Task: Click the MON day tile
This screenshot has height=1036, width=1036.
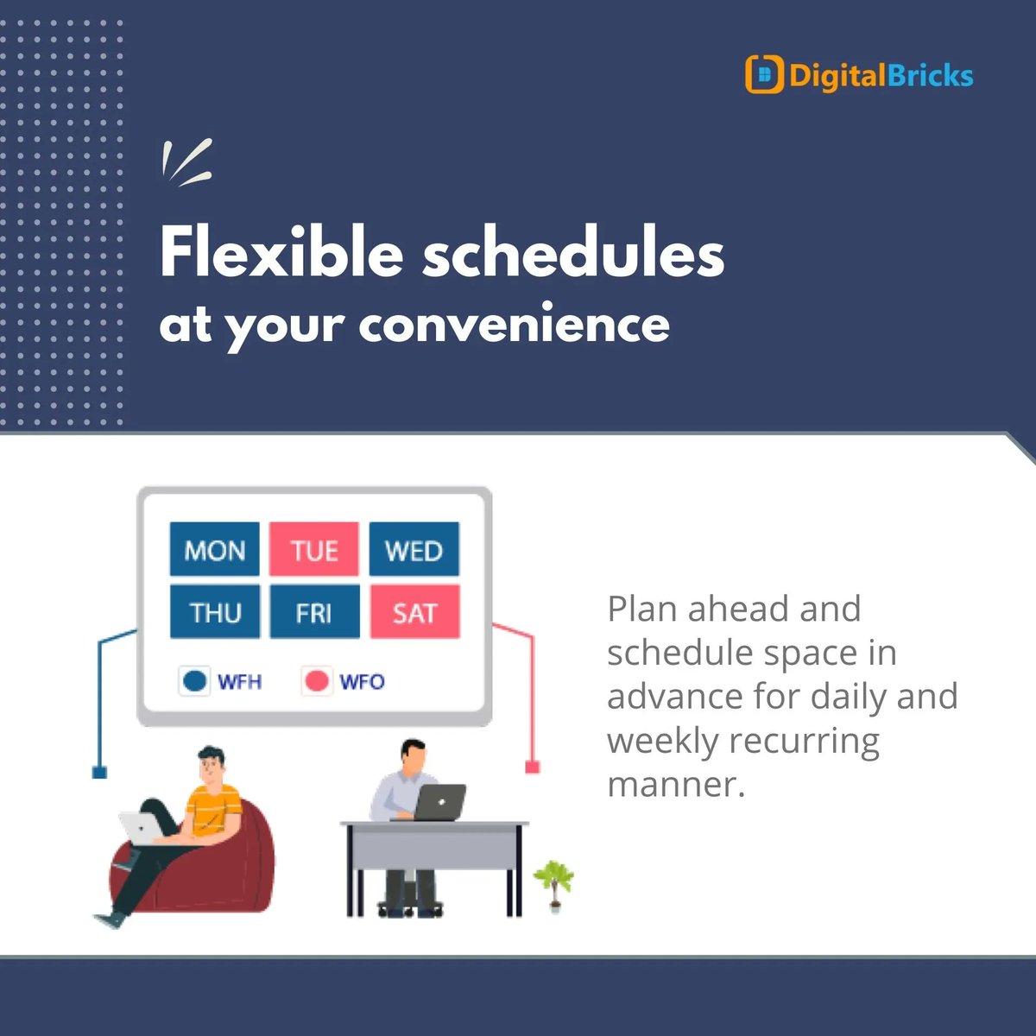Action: pos(214,549)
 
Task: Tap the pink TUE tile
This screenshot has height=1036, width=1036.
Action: pos(314,549)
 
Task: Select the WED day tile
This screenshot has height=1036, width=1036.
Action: pos(414,549)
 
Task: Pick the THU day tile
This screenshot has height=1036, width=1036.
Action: pos(214,612)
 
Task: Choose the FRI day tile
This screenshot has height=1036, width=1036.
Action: pos(314,612)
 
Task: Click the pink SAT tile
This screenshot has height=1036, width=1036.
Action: pos(414,612)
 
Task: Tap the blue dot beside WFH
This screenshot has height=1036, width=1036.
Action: pos(195,681)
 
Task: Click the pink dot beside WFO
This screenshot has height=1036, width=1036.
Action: pos(317,681)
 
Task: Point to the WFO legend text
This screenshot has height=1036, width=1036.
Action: pos(362,682)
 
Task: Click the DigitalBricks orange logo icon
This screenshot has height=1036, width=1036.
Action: pos(763,75)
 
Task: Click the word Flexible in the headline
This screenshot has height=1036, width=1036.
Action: pos(281,254)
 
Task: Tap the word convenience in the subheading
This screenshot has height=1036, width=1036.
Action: pos(514,325)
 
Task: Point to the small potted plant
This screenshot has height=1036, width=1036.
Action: pos(553,882)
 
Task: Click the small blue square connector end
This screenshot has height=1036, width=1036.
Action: pos(99,772)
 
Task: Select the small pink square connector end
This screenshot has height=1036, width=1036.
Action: pos(532,767)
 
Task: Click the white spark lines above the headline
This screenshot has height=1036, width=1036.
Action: pos(186,162)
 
